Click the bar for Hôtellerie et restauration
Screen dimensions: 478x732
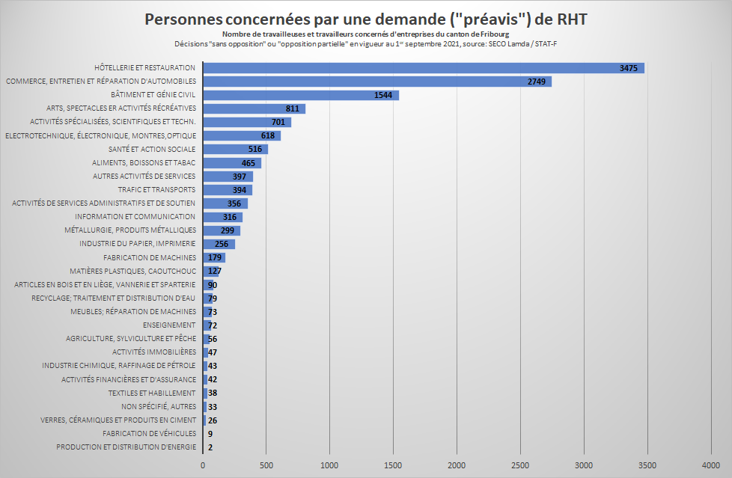(x=423, y=68)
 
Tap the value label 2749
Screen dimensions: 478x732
(x=537, y=82)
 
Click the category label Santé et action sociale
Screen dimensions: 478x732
(x=152, y=150)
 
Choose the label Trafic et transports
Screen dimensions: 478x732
(x=156, y=190)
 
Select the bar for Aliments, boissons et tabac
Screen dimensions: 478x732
(x=231, y=163)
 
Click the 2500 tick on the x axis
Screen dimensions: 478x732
(x=521, y=465)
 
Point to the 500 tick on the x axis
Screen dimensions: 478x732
(x=266, y=465)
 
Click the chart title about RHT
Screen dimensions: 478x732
(x=365, y=19)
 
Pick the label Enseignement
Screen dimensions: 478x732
(x=169, y=325)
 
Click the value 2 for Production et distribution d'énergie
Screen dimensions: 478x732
(x=210, y=447)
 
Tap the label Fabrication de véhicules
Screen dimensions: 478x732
(x=150, y=434)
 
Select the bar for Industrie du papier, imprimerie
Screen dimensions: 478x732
(x=219, y=244)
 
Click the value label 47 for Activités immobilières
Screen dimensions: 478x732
(x=213, y=352)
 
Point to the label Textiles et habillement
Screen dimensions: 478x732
(x=152, y=393)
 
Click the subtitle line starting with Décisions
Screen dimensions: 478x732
(x=365, y=43)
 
